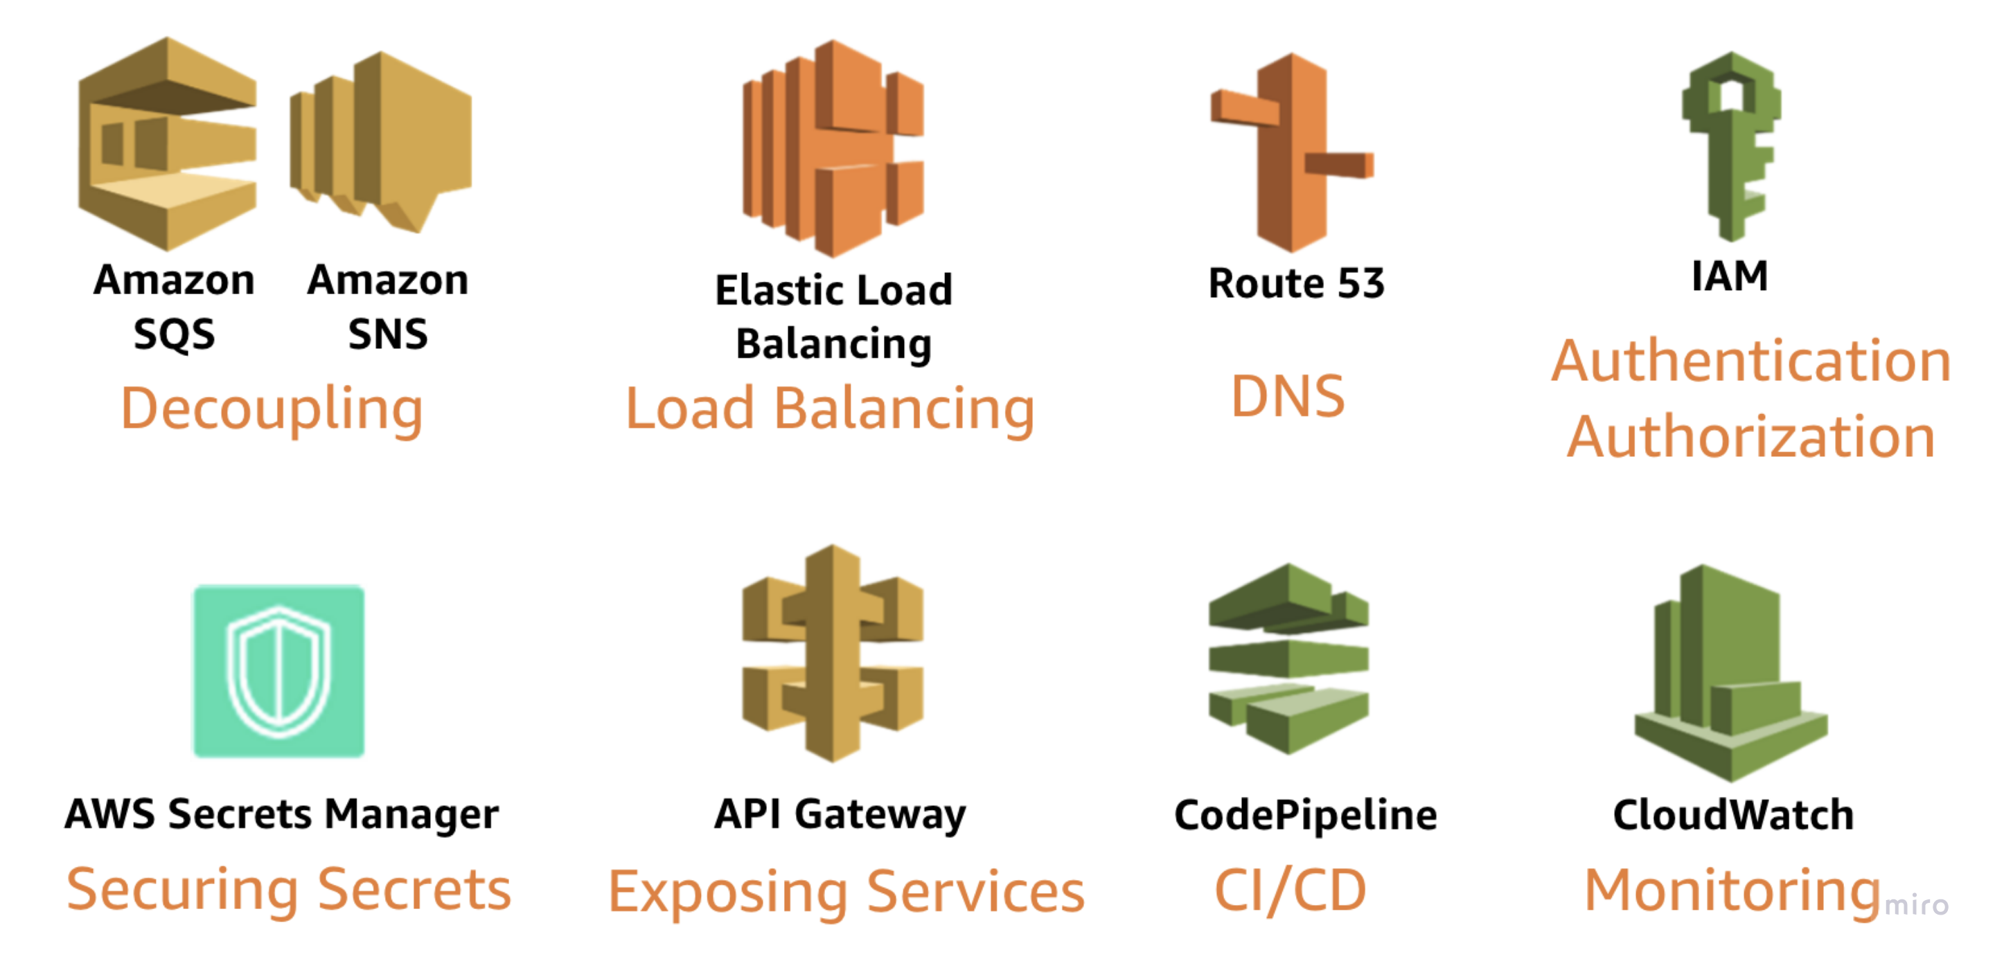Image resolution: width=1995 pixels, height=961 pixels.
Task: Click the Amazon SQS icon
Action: [167, 144]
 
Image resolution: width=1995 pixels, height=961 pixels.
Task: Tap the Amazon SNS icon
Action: [381, 143]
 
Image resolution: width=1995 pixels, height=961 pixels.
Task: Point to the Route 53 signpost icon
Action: [1292, 153]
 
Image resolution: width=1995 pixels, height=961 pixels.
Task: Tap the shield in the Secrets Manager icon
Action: [278, 671]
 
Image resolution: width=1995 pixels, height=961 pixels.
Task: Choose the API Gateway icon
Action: [833, 654]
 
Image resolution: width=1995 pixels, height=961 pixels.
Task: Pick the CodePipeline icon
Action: [1288, 658]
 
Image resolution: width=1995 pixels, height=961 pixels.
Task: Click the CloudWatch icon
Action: [1730, 672]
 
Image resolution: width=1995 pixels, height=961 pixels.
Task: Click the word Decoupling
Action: [272, 409]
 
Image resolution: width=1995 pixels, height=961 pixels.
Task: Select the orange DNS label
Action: [1287, 397]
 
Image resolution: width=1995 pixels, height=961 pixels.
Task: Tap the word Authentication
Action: [1750, 361]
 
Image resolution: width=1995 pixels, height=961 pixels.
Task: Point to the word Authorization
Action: [1750, 437]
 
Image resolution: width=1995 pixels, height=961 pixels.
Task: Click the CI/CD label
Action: [1291, 890]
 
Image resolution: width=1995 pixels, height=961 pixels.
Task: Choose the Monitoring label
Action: [1732, 890]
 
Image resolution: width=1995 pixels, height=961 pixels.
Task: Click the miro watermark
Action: [1916, 904]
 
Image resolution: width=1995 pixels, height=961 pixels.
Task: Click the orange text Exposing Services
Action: [846, 892]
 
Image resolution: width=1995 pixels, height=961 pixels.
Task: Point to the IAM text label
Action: [1730, 276]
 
